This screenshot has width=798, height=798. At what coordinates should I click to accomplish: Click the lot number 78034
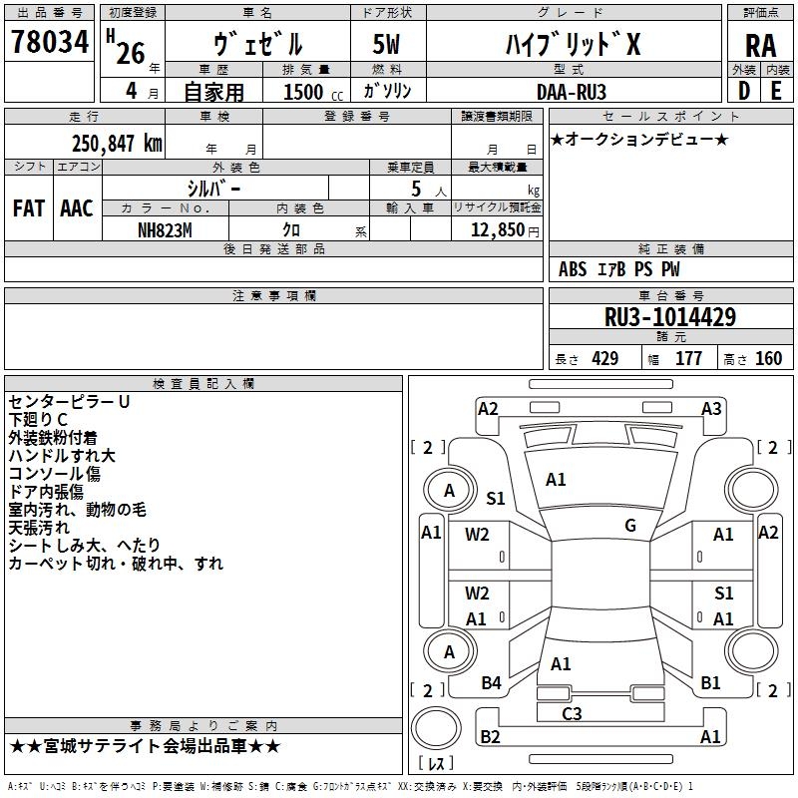(x=49, y=42)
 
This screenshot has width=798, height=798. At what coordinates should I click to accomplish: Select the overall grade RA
(x=760, y=45)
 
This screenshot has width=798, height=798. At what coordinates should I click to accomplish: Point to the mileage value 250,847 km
(x=117, y=144)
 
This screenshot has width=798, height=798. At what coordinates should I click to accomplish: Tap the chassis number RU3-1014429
(x=670, y=317)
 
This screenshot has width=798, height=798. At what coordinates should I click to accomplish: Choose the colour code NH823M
(x=165, y=229)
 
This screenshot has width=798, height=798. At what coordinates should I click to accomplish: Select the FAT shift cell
(x=28, y=208)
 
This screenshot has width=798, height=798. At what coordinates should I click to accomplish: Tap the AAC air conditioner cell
(x=77, y=208)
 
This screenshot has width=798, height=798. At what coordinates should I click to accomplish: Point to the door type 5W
(x=387, y=45)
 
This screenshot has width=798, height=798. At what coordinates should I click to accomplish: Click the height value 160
(x=768, y=359)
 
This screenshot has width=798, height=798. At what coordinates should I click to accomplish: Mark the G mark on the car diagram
(x=630, y=525)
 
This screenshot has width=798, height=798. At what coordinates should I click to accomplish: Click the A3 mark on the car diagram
(x=711, y=408)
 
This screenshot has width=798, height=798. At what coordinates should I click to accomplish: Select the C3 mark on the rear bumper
(x=572, y=713)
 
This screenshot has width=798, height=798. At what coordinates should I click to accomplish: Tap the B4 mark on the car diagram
(x=491, y=682)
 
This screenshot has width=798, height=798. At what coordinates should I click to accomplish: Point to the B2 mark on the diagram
(x=490, y=737)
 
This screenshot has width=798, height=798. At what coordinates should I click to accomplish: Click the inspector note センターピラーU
(x=69, y=401)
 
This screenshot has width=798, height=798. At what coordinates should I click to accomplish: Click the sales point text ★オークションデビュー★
(x=639, y=140)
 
